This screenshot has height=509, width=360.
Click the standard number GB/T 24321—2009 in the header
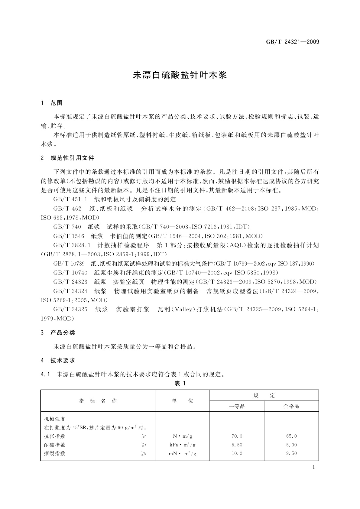click(x=292, y=42)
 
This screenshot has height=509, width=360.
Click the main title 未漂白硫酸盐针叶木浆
click(x=180, y=75)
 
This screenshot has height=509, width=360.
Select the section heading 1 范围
click(x=52, y=103)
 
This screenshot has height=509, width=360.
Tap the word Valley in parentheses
click(x=182, y=309)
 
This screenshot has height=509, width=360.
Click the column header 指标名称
click(x=98, y=401)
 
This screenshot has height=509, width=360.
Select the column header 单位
click(x=182, y=401)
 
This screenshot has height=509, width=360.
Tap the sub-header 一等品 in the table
click(x=237, y=406)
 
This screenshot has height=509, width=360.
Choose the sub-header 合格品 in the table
click(x=291, y=406)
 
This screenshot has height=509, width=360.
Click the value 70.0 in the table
click(x=237, y=436)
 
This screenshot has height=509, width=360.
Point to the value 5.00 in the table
click(x=291, y=445)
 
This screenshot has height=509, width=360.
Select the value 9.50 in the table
click(x=291, y=453)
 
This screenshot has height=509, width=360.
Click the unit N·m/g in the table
click(x=182, y=436)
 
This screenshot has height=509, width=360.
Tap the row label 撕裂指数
click(x=55, y=453)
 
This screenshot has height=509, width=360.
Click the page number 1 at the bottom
click(x=313, y=467)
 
